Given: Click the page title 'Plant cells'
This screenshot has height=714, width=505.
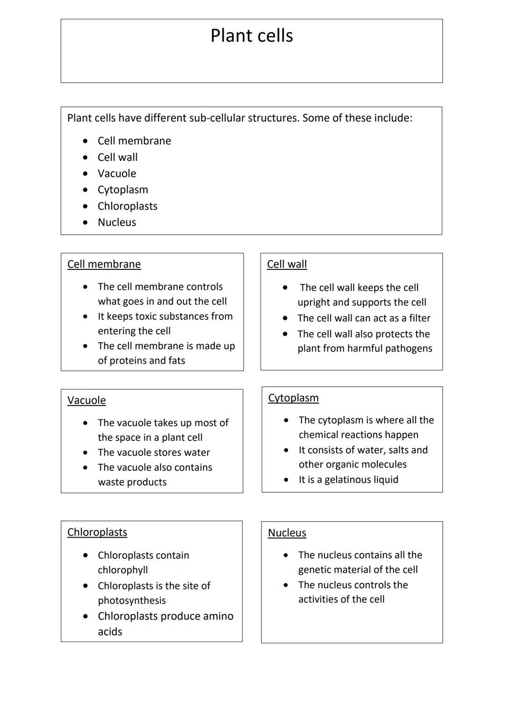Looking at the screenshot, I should (252, 36).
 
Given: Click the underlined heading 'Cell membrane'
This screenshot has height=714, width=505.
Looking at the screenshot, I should (104, 264).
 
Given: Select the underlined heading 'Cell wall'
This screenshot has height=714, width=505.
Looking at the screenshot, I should (287, 264).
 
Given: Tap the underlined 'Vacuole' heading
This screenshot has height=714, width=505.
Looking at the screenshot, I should (87, 400).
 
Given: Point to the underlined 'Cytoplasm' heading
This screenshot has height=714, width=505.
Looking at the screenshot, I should (293, 398).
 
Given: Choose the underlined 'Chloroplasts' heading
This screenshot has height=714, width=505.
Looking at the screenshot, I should (97, 532).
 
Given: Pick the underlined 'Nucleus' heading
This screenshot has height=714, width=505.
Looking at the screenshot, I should (287, 533).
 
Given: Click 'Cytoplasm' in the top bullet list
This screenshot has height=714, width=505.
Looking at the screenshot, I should (123, 190).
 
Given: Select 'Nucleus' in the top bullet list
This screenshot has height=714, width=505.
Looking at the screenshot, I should (116, 223).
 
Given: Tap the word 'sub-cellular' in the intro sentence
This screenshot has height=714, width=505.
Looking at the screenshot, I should (217, 118).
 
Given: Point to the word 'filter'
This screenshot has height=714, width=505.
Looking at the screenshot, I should (419, 318).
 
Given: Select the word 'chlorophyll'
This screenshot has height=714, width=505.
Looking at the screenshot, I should (123, 570).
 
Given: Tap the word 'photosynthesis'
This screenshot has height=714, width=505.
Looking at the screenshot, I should (131, 600).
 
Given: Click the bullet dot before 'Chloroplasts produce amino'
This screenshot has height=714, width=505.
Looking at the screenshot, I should (85, 616).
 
